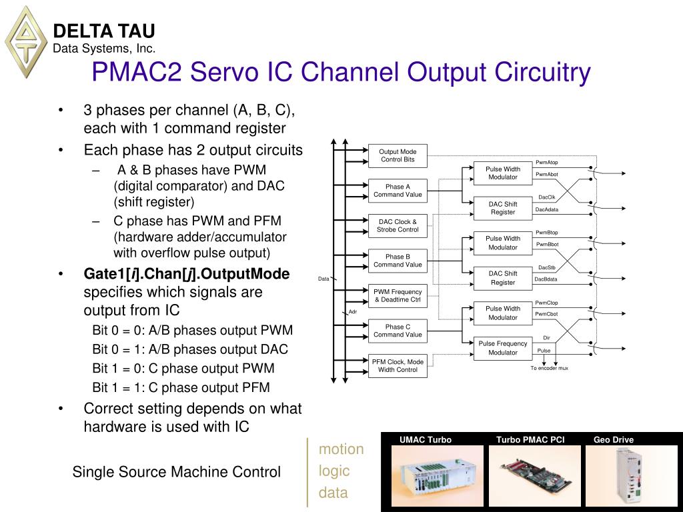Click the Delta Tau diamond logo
point(26,41)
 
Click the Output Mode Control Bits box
point(398,155)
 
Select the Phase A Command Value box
point(398,191)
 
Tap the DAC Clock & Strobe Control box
point(398,226)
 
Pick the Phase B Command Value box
point(398,261)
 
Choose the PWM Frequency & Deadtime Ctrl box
point(398,296)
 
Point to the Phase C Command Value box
point(398,331)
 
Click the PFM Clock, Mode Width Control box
point(398,365)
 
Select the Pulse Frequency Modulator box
point(503,348)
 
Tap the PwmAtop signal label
point(547,163)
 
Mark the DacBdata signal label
point(546,279)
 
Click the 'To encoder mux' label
point(550,368)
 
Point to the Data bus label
point(323,279)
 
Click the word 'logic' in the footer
point(334,471)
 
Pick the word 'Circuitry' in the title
point(540,72)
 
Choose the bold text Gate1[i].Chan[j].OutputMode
point(187,274)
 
